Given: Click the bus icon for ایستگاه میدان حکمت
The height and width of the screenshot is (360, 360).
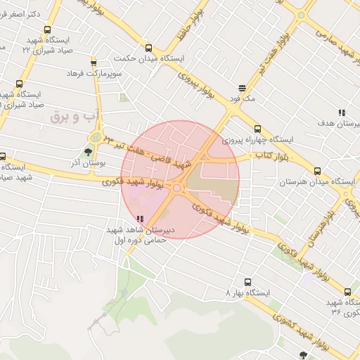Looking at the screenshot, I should pos(148,49).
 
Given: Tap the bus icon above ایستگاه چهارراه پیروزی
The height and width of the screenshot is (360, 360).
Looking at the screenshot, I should pos(257,129).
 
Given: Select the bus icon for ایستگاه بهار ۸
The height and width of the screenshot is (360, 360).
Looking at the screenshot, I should pos(247,282).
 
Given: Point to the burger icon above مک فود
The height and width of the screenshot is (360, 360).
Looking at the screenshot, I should pos(242,89).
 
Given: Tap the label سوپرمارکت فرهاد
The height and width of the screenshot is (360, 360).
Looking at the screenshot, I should pos(94,73).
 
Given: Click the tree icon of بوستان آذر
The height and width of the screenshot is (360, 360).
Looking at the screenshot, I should pos(89,150).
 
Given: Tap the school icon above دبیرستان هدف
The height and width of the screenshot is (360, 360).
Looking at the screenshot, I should pos(342,112).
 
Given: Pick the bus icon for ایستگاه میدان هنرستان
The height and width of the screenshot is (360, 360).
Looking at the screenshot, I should pos(317,171).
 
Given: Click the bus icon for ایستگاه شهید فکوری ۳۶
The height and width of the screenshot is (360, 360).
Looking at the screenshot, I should pos(347,292).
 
